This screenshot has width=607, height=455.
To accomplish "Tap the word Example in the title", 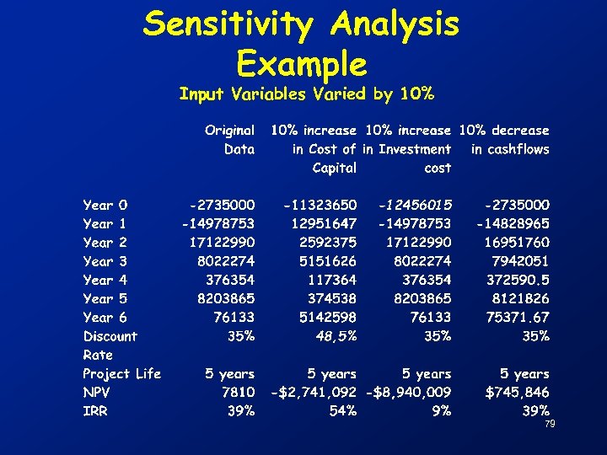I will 302,63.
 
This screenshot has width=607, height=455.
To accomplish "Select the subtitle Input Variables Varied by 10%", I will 307,94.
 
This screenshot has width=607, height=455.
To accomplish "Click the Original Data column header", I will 229,140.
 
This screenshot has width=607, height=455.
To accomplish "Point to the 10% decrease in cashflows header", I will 504,140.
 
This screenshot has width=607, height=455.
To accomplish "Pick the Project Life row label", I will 121,373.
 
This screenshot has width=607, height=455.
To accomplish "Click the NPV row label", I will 97,392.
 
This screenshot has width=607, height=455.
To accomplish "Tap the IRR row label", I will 95,410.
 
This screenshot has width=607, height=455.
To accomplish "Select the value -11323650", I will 320,205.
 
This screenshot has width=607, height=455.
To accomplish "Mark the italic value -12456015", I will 415,205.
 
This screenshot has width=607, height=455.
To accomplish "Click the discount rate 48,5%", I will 335,336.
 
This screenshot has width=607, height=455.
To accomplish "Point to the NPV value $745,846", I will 517,392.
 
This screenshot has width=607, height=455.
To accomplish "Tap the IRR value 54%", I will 342,410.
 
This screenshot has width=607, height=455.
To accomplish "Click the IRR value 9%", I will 441,410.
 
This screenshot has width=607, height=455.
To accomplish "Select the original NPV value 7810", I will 238,392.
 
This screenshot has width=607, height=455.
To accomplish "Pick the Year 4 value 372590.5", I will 518,280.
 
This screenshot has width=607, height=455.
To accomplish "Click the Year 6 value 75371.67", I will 518,317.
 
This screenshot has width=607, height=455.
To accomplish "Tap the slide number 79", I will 550,423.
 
